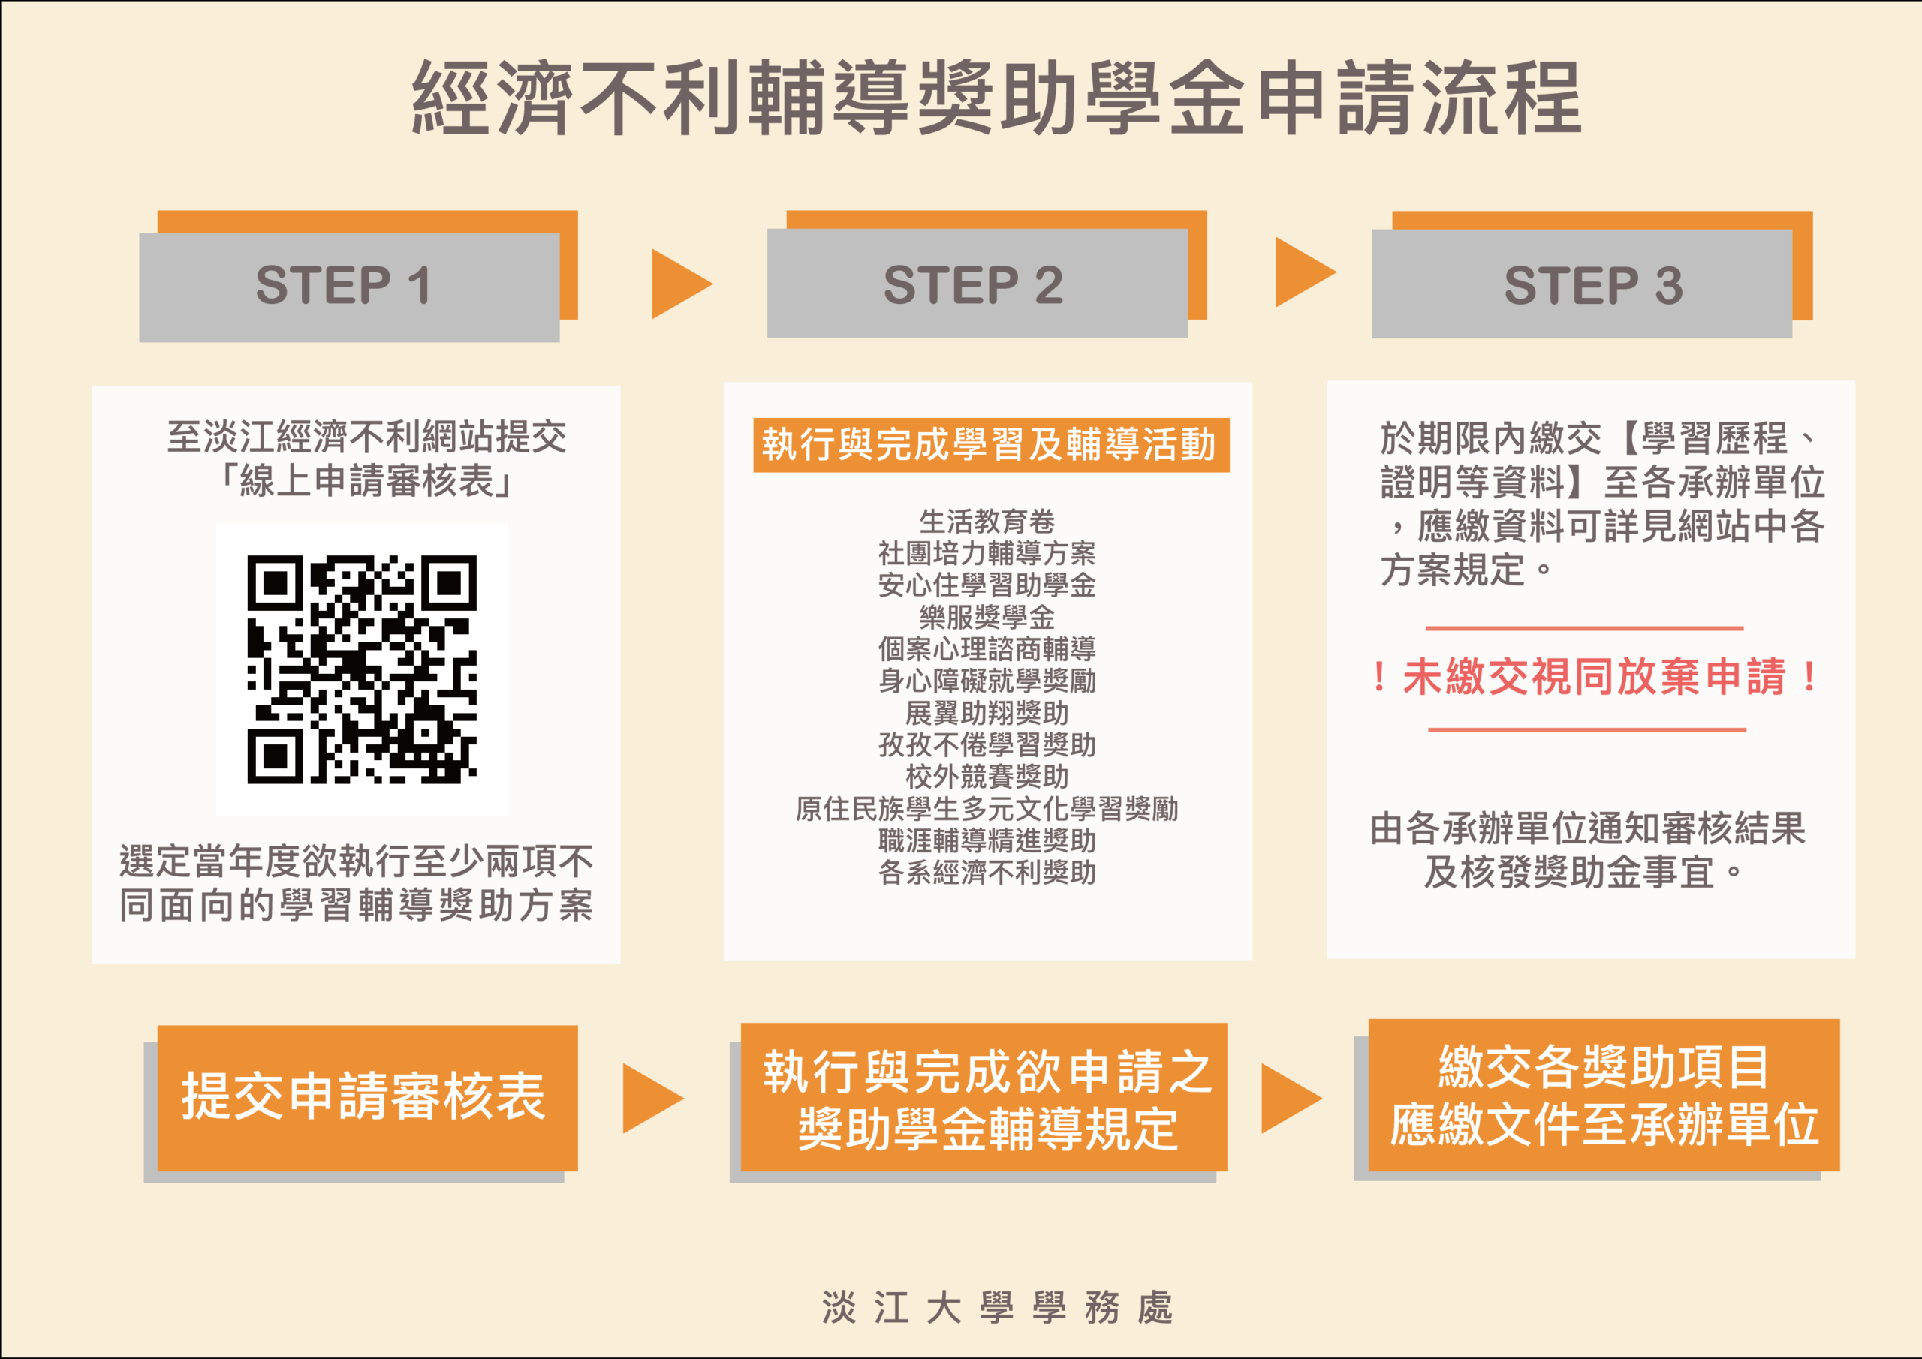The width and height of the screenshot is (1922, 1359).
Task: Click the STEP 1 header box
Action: pyautogui.click(x=349, y=287)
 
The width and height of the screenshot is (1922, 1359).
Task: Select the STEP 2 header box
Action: pyautogui.click(x=977, y=283)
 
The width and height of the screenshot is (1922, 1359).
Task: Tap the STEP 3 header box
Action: pyautogui.click(x=1581, y=284)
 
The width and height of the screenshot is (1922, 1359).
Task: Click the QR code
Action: pyautogui.click(x=362, y=669)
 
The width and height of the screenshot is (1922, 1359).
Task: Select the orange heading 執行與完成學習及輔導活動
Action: pyautogui.click(x=991, y=445)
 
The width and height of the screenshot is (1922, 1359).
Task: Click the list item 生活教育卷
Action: pyautogui.click(x=987, y=522)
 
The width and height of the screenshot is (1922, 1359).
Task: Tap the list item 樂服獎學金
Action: pyautogui.click(x=987, y=618)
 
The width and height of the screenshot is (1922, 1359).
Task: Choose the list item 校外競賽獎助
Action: pyautogui.click(x=987, y=777)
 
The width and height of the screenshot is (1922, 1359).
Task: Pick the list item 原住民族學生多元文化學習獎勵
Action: pyautogui.click(x=987, y=808)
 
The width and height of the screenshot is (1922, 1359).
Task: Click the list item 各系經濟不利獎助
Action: pyautogui.click(x=987, y=872)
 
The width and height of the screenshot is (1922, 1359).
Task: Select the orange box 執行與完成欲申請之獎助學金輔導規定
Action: pyautogui.click(x=984, y=1097)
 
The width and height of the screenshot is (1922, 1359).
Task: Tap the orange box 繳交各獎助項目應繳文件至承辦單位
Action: pyautogui.click(x=1604, y=1095)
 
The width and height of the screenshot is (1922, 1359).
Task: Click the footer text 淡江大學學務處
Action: pyautogui.click(x=997, y=1307)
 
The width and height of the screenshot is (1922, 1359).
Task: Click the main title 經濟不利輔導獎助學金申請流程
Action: pyautogui.click(x=996, y=98)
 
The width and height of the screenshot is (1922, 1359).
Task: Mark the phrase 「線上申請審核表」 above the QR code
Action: pyautogui.click(x=366, y=481)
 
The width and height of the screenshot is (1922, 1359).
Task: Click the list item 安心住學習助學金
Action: pyautogui.click(x=987, y=585)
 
